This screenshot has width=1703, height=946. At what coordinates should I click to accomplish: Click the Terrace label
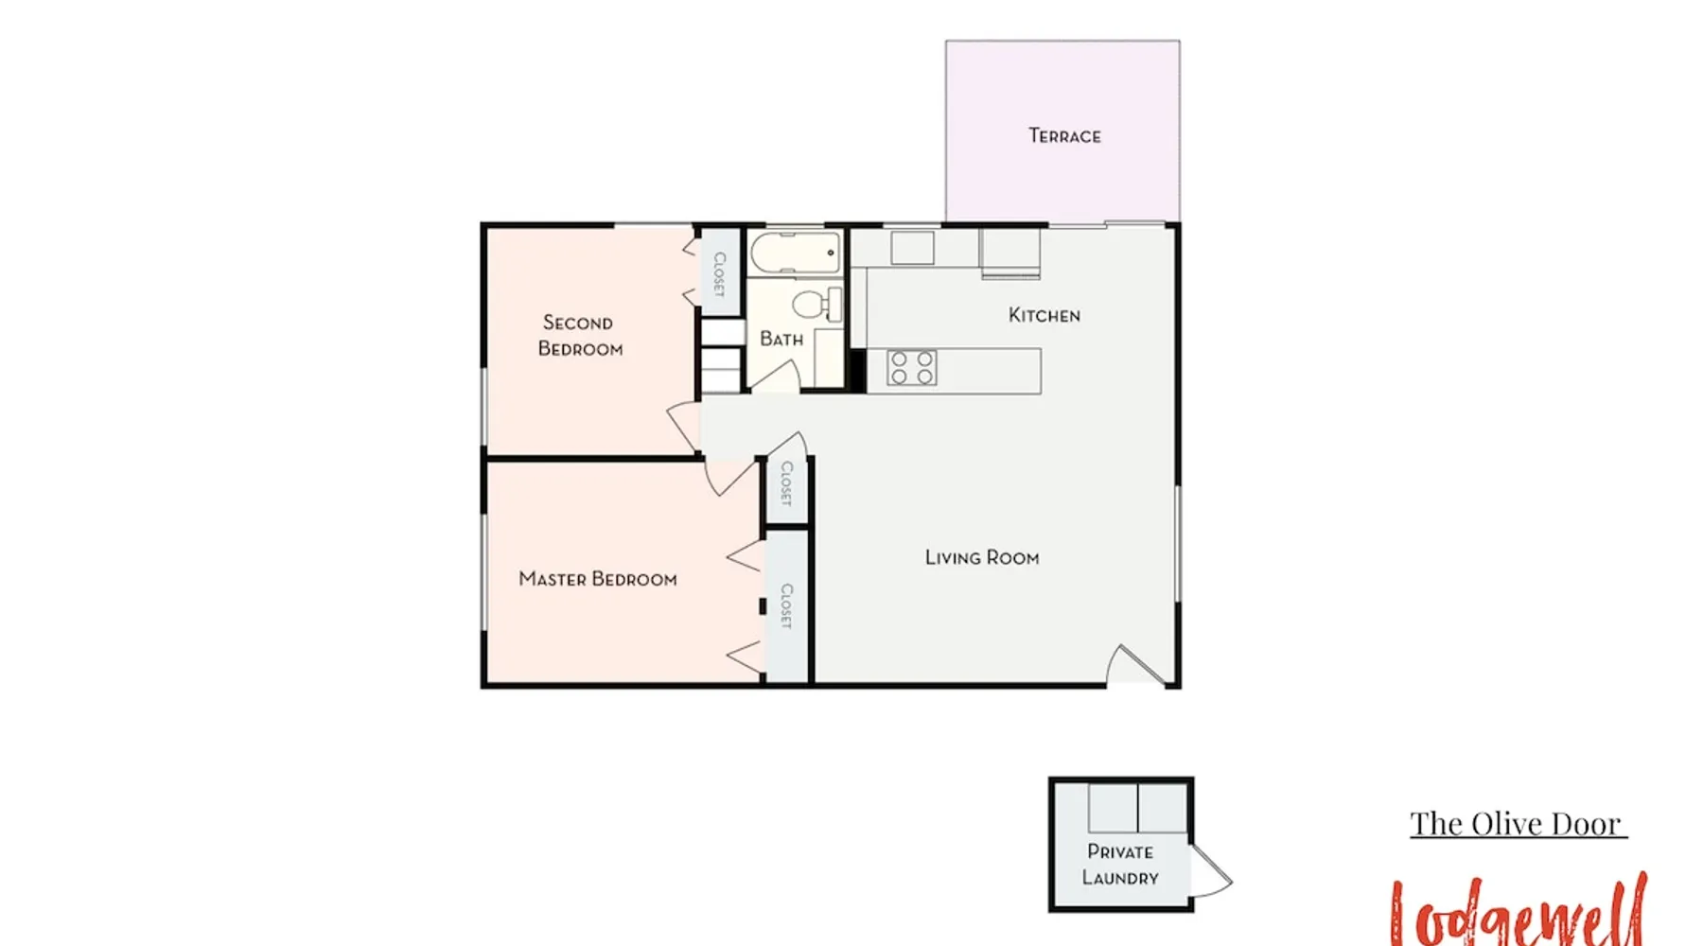1064,136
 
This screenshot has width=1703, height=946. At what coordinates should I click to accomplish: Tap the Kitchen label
1045,315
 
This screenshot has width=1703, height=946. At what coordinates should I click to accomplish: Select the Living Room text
982,558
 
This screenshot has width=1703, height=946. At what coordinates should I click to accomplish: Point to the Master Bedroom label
598,579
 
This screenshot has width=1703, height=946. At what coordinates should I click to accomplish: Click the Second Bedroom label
579,336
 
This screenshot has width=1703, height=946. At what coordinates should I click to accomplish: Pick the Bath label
781,339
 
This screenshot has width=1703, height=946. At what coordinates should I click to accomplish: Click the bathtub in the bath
796,253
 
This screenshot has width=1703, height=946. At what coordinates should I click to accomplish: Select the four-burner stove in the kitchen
913,367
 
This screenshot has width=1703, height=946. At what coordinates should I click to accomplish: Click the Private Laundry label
1120,865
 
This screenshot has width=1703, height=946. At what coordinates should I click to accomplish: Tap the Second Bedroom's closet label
719,274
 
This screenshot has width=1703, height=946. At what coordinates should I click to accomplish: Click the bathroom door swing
776,375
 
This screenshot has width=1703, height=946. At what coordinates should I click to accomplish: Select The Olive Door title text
1518,824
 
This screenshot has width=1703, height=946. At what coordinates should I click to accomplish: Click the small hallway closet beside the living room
786,490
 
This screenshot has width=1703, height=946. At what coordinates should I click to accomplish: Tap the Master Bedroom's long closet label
786,606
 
